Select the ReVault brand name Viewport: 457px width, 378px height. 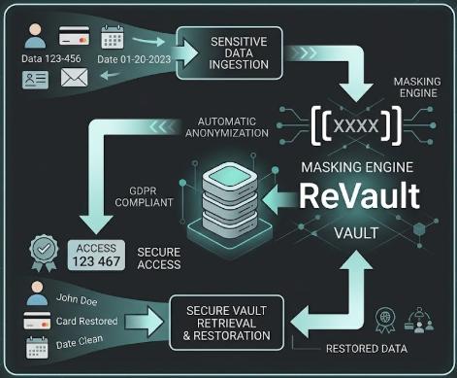coord(358,194)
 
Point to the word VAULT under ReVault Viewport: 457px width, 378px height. coord(355,233)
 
